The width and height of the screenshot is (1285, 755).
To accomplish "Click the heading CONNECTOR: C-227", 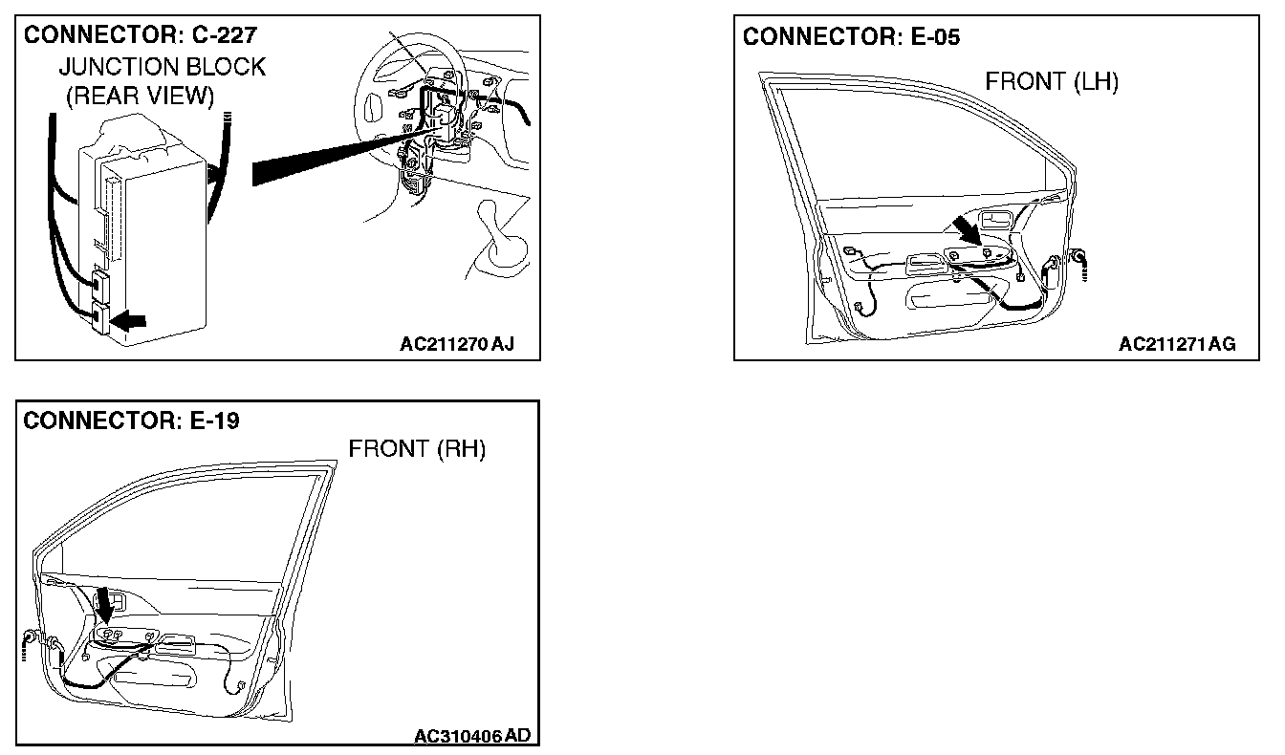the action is (141, 35).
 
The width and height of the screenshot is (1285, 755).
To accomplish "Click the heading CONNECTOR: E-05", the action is (851, 37).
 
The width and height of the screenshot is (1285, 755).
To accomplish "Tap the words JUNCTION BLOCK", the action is (163, 67).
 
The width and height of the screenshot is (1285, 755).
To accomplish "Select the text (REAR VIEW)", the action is (141, 96).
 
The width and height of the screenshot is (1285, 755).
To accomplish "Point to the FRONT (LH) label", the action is (1052, 82).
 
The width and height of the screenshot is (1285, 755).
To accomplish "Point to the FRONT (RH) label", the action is (417, 449).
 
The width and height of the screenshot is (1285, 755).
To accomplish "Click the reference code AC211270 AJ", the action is (457, 344).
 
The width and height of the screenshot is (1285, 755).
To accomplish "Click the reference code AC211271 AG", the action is (1177, 344).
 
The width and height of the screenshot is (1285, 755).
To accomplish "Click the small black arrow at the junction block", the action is (129, 322).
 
